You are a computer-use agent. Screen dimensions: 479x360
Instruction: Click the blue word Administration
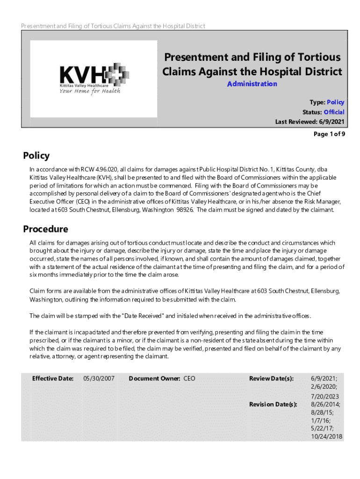(x=252, y=84)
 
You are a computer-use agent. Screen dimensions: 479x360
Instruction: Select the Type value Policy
(x=335, y=102)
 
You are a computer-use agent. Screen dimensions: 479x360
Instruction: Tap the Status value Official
(x=334, y=112)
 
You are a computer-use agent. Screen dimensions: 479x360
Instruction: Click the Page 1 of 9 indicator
(x=329, y=134)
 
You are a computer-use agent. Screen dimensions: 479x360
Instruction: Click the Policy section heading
(x=36, y=156)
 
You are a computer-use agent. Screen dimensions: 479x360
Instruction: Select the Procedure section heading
(x=45, y=229)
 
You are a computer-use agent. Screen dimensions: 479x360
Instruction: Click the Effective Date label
(x=52, y=378)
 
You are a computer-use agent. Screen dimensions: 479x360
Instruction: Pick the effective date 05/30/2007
(x=99, y=378)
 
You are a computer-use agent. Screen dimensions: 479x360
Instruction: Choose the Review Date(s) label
(x=271, y=378)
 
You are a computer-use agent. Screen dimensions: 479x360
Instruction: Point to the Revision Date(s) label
(x=273, y=404)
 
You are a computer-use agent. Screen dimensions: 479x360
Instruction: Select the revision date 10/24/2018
(x=326, y=436)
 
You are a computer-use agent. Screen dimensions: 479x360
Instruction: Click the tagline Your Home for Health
(x=89, y=91)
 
